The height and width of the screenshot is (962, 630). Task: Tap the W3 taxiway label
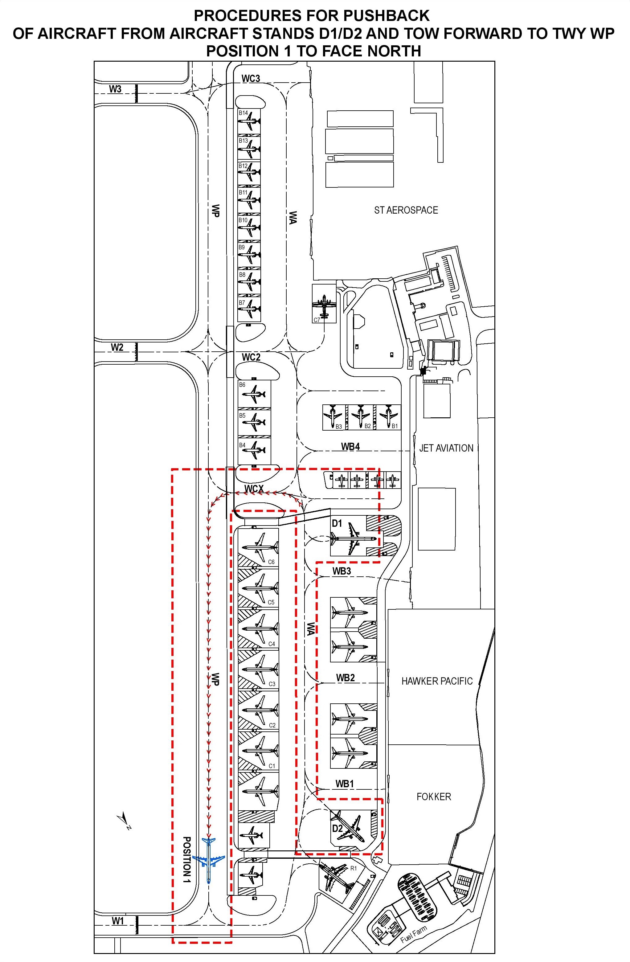click(x=115, y=89)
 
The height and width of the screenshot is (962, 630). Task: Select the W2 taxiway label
click(x=117, y=347)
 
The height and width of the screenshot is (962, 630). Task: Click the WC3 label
click(x=251, y=78)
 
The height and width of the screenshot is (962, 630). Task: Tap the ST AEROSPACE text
click(x=406, y=210)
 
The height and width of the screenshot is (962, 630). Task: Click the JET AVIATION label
click(x=446, y=448)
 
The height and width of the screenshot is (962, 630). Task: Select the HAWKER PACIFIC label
click(x=437, y=681)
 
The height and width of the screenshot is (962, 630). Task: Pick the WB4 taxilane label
click(x=350, y=447)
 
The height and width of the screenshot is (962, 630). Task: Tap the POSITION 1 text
click(x=187, y=859)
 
